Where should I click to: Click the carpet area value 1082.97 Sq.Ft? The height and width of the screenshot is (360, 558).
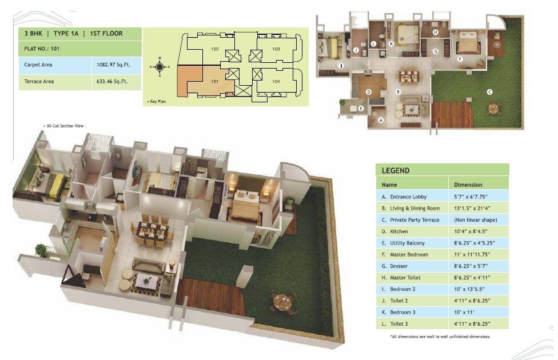coord(114,65)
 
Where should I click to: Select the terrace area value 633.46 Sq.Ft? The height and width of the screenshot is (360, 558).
coord(114,82)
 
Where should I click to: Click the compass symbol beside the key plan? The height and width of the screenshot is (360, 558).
coord(160,67)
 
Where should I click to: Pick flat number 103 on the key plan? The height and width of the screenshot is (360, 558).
coord(276,49)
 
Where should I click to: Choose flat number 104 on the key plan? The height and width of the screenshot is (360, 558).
coord(276,82)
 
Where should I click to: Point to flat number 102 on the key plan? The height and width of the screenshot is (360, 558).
coord(215,49)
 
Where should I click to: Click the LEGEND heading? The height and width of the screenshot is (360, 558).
coord(396,170)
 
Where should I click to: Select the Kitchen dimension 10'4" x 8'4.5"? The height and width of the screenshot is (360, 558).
coord(471,231)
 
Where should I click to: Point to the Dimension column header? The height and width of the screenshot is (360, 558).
coord(468,185)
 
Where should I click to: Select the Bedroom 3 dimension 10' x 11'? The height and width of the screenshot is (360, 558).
coord(465,312)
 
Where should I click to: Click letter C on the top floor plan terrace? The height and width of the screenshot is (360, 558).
coord(489,91)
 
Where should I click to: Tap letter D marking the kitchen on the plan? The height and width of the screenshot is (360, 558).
coord(369,91)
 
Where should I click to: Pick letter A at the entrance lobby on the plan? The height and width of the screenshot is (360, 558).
coord(381,120)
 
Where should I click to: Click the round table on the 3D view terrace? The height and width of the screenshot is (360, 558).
coord(282,301)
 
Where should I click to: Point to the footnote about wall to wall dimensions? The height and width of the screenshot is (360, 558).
coord(440,337)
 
